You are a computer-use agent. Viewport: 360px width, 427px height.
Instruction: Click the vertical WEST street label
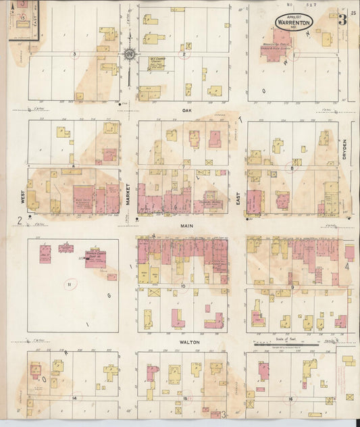[23, 197]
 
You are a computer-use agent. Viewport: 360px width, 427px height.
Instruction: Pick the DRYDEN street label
[344, 145]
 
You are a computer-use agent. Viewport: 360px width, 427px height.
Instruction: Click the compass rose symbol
[130, 54]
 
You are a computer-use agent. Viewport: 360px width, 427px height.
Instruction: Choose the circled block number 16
[290, 399]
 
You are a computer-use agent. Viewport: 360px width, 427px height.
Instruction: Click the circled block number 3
[74, 53]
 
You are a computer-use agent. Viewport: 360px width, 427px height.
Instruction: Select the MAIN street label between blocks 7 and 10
[182, 227]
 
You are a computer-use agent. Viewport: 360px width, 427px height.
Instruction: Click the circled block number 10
[182, 286]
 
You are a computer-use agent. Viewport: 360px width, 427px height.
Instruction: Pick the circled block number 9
[292, 286]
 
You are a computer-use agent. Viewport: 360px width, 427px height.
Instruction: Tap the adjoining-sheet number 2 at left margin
[20, 220]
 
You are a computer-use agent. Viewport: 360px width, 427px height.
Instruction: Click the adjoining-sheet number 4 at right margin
[347, 266]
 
